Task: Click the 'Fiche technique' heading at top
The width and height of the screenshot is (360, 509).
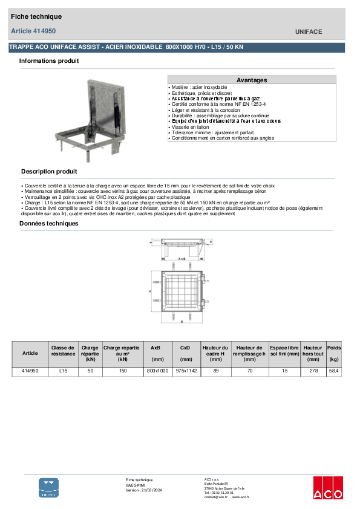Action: [x=36, y=17]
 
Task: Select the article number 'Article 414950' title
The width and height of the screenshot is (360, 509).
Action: [x=33, y=31]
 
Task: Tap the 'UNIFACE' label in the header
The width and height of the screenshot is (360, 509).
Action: [x=309, y=31]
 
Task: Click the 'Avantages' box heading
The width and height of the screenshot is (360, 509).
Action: [x=252, y=80]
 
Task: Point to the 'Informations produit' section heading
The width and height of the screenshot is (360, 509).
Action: [x=49, y=61]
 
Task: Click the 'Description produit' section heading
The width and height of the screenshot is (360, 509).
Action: [x=49, y=172]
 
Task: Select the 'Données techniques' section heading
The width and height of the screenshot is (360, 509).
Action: [x=49, y=224]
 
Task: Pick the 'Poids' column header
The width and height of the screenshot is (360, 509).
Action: [x=334, y=349]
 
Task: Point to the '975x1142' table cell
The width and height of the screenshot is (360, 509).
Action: [x=185, y=371]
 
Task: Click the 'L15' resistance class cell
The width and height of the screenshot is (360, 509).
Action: [x=63, y=371]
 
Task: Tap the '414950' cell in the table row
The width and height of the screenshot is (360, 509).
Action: [x=30, y=371]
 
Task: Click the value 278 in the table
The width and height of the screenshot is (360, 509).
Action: [x=313, y=371]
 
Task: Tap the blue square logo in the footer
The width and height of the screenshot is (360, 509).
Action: [x=49, y=487]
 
